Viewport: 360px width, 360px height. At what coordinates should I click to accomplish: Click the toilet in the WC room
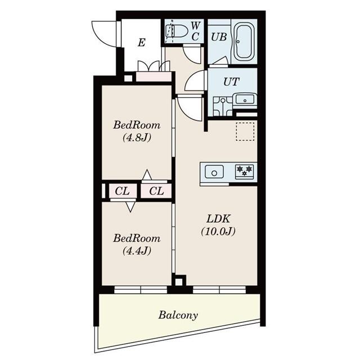point(175,31)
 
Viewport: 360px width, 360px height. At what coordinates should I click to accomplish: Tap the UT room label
point(231,82)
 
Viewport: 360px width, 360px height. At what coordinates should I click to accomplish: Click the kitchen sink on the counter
point(215,172)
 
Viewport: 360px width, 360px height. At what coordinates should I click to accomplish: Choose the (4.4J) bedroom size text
point(136,250)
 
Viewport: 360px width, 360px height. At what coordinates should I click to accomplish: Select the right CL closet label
point(156,191)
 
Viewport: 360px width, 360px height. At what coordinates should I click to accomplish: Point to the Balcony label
point(178,315)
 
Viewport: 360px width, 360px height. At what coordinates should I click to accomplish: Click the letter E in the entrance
point(141,43)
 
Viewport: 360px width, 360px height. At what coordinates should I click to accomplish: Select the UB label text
point(219,37)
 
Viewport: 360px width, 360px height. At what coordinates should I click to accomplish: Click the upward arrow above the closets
point(146,175)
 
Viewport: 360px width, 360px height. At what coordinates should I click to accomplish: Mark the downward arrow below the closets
point(130,206)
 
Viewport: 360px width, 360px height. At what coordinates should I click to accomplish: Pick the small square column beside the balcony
point(179,281)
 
